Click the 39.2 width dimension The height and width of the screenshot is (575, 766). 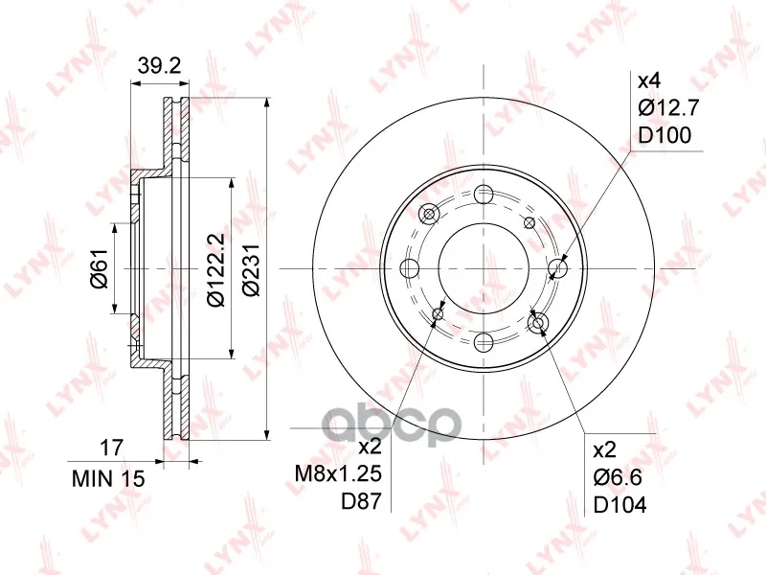[x=159, y=65]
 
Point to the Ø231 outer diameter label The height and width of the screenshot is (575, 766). [x=251, y=269]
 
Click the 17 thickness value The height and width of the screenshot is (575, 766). [x=111, y=448]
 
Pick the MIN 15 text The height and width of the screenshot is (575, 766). [x=108, y=478]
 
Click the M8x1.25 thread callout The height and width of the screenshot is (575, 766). [x=338, y=473]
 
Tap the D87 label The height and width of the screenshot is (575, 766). [x=361, y=501]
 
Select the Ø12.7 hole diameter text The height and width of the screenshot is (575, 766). [x=668, y=107]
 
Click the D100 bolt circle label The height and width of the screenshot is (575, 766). [x=665, y=135]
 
